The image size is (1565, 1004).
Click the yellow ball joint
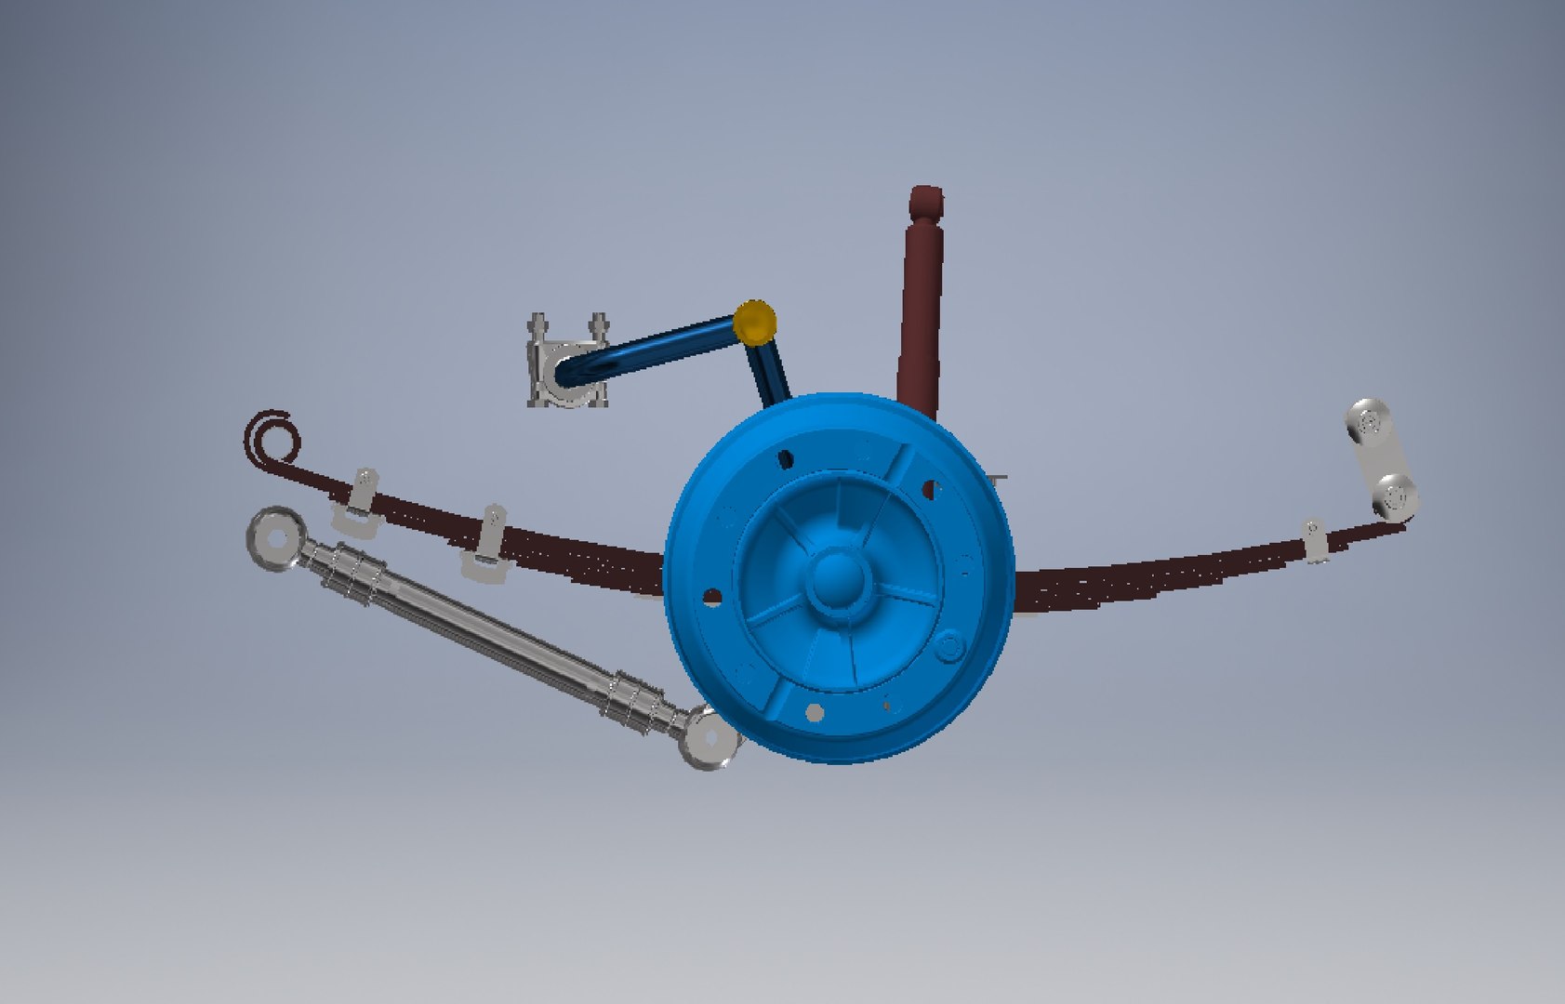(754, 322)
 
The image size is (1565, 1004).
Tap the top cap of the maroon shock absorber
(925, 201)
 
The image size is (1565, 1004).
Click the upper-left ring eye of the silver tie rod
(273, 538)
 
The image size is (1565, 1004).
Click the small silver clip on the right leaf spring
(1313, 541)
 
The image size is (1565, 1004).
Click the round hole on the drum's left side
(712, 596)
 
